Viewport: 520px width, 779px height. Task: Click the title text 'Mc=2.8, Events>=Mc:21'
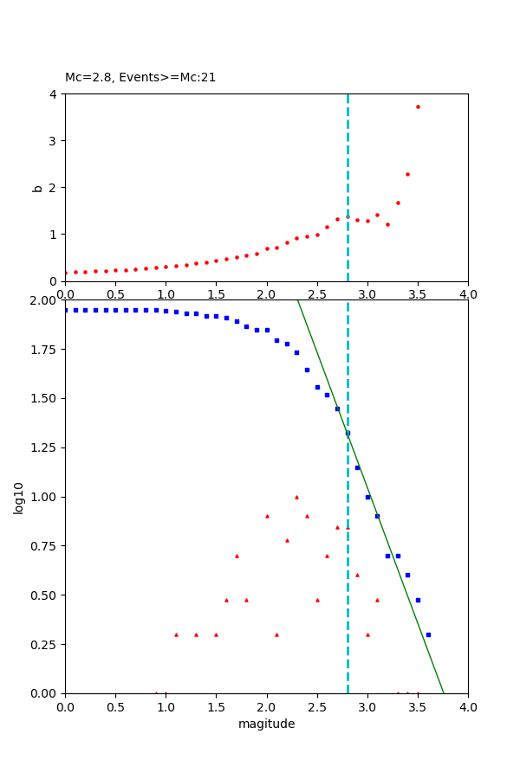tap(140, 77)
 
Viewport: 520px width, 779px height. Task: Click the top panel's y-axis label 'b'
tap(37, 187)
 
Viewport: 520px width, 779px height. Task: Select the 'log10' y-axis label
tap(18, 497)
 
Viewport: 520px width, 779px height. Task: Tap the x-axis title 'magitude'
tap(266, 724)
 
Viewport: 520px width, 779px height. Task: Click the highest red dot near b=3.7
tap(418, 106)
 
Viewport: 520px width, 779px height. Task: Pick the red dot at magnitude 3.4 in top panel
tap(407, 174)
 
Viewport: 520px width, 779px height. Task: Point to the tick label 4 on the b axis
tap(53, 94)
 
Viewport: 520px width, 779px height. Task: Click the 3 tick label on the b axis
tap(53, 141)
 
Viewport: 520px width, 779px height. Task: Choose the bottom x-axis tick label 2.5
tap(317, 707)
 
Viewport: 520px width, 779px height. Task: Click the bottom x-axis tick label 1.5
tap(216, 707)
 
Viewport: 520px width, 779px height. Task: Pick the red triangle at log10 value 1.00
tap(296, 497)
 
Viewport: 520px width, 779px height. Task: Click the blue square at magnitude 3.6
tap(428, 634)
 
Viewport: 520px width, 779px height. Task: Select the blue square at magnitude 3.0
tap(367, 497)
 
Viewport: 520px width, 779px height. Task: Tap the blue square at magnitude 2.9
tap(357, 467)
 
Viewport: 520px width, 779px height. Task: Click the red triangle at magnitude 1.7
tap(237, 556)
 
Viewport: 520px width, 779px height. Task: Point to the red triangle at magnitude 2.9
tap(357, 575)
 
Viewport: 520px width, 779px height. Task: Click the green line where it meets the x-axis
tap(444, 692)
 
